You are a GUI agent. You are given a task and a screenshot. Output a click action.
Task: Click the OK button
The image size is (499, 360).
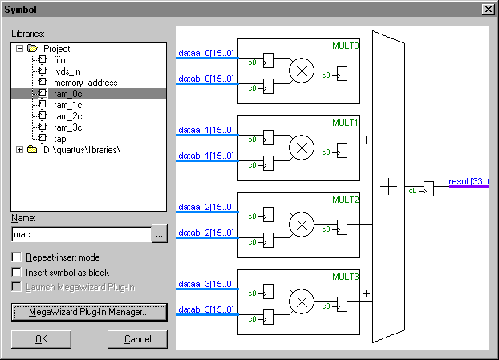[41, 339]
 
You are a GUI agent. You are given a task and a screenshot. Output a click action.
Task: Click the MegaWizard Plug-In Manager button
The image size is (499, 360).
[89, 311]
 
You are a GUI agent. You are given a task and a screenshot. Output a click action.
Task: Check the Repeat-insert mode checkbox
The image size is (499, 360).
[17, 257]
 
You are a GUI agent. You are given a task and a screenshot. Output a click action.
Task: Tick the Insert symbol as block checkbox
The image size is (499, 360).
[17, 273]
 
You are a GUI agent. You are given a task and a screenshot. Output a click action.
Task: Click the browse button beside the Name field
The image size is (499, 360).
[160, 234]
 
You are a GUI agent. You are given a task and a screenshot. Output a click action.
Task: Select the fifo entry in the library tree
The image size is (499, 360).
[60, 60]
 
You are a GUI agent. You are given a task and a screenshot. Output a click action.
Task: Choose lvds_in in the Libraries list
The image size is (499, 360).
[67, 71]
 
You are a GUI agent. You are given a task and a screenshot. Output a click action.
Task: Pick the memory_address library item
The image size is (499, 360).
[85, 83]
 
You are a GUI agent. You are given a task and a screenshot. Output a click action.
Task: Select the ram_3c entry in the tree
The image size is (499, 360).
[67, 127]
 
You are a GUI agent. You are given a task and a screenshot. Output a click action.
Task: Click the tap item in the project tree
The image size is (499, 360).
[59, 139]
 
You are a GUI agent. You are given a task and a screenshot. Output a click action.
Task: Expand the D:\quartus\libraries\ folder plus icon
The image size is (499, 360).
[19, 150]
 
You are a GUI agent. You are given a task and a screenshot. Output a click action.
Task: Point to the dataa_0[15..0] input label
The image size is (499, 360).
[205, 53]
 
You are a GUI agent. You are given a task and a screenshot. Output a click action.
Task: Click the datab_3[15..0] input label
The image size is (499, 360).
[205, 309]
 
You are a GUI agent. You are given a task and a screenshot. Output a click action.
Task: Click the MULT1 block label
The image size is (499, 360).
[346, 123]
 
